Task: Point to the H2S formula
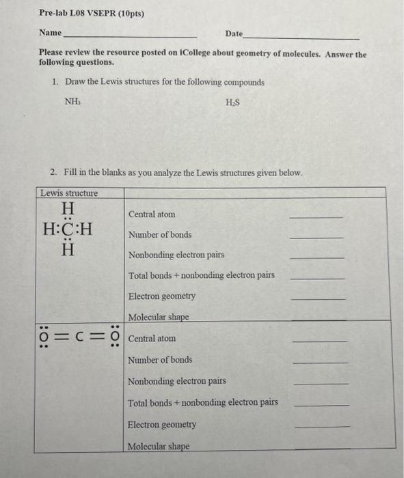[x=232, y=102]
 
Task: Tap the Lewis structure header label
[x=69, y=193]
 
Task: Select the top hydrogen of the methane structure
[x=68, y=208]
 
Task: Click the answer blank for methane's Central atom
[x=317, y=216]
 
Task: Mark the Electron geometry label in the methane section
[x=161, y=296]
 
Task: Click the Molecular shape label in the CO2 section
[x=158, y=447]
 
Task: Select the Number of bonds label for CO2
[x=160, y=360]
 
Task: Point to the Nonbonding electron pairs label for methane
[x=176, y=255]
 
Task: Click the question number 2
[x=53, y=173]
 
